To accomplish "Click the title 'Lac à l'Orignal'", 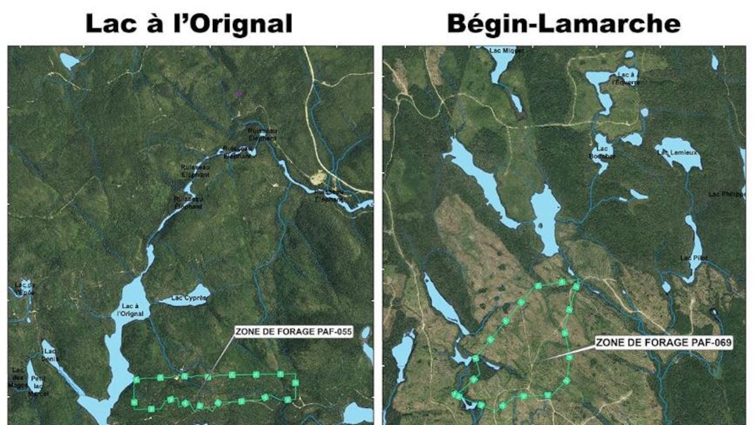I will coord(189,24).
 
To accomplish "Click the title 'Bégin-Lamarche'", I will coord(563,24).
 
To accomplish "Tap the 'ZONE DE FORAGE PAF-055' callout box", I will coord(293,331).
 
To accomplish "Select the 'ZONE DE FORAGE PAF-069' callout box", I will coord(664,343).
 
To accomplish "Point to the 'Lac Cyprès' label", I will coord(189,298).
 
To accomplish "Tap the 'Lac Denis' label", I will coord(50,354).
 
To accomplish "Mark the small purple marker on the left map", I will coord(240,94).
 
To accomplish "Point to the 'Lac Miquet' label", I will coord(507,51).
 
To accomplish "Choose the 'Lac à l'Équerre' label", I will coord(625,77).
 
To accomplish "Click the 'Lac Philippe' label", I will coord(726,194).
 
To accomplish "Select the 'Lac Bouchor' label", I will coord(602,152).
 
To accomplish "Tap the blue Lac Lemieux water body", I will coord(677,163).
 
